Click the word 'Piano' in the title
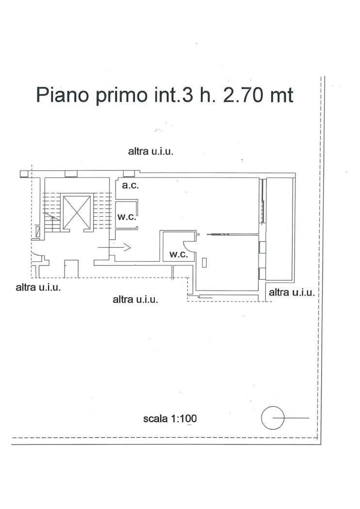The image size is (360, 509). [x=62, y=95]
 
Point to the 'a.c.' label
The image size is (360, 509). [x=131, y=186]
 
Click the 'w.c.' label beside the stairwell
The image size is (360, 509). [x=127, y=217]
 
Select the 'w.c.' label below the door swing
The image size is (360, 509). [x=179, y=254]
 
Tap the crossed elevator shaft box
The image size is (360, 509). [x=77, y=212]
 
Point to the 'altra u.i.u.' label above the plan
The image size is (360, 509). [x=151, y=151]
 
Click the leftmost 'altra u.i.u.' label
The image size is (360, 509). [x=38, y=287]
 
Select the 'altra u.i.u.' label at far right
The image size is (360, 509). [x=292, y=292]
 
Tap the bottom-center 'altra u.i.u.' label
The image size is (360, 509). [x=135, y=299]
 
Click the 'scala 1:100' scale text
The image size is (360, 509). [x=170, y=418]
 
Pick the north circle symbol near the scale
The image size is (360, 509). [x=273, y=418]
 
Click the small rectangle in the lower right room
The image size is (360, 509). [x=204, y=262]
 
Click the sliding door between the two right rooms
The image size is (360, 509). [x=218, y=234]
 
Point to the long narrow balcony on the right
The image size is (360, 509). [x=279, y=229]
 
